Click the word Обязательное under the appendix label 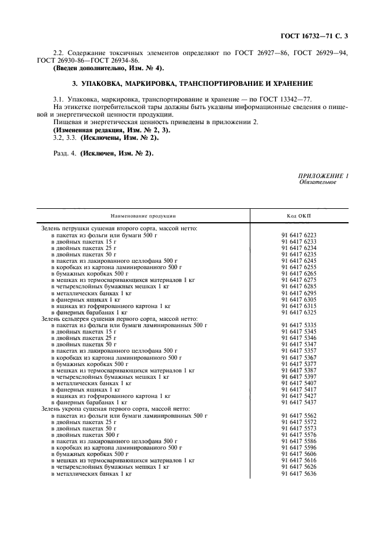[317, 182]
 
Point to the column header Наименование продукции [143, 215]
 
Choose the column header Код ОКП [299, 215]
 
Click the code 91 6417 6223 [299, 236]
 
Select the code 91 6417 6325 [299, 312]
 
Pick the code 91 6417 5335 [299, 325]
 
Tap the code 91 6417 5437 [299, 401]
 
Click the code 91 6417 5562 [299, 415]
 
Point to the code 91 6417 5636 [299, 473]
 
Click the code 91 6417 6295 [299, 293]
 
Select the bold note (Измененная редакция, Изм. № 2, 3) [108, 131]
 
